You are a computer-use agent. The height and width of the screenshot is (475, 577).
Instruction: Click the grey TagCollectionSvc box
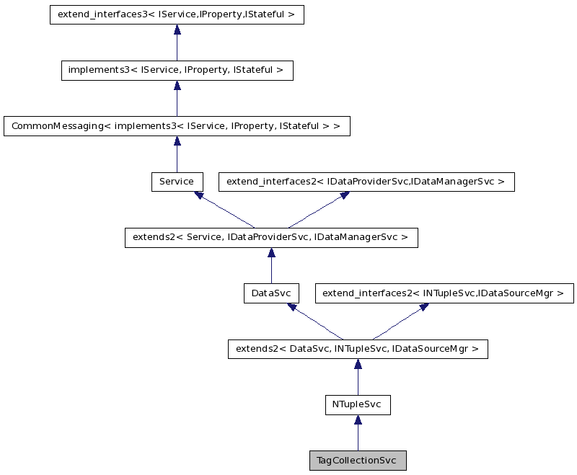point(357,461)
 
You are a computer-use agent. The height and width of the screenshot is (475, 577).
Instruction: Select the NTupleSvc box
point(357,405)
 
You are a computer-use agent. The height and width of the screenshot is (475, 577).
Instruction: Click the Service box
point(177,182)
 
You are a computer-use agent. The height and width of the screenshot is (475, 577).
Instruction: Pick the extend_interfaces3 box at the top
point(177,14)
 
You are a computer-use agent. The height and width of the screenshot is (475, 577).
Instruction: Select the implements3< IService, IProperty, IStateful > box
point(177,70)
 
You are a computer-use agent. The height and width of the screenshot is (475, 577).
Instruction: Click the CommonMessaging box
point(177,126)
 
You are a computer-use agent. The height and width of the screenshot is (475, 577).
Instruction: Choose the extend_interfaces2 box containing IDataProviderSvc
point(366,182)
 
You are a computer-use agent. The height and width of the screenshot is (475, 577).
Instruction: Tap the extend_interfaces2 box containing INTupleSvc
point(444,293)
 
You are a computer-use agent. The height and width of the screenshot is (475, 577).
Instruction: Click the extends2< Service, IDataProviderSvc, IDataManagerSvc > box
point(271,238)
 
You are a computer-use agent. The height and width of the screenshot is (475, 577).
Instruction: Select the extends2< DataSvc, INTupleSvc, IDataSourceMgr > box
point(358,350)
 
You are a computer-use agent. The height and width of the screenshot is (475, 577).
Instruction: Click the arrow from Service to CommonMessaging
point(177,154)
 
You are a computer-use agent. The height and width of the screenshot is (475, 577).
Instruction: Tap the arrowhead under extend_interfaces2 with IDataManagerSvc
point(343,196)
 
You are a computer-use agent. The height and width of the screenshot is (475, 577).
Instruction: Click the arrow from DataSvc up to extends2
point(271,266)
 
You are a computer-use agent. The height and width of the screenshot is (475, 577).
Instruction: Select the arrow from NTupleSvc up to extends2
point(358,378)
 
